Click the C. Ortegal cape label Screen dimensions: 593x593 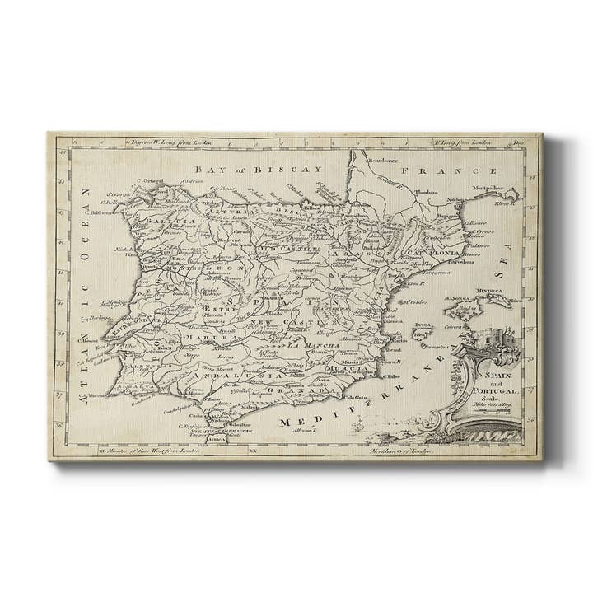pyautogui.click(x=148, y=182)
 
